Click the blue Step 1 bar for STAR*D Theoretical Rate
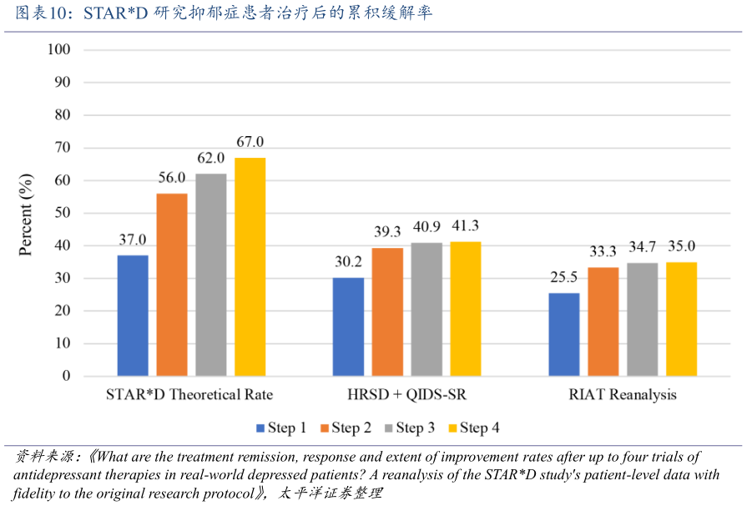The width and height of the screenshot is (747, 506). click(x=133, y=316)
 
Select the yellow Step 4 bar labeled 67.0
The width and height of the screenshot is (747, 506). click(x=250, y=267)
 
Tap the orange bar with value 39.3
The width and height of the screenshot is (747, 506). click(x=387, y=312)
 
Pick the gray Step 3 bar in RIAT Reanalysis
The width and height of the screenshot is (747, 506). click(x=642, y=320)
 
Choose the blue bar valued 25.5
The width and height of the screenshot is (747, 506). click(x=564, y=334)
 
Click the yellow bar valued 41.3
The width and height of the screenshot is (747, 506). click(x=465, y=309)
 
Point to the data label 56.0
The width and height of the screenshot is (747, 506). click(x=172, y=178)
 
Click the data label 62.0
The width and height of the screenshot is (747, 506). click(x=210, y=158)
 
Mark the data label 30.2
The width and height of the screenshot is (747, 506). click(x=348, y=261)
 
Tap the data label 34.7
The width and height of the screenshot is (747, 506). click(x=642, y=246)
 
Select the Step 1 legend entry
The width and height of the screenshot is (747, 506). click(x=281, y=428)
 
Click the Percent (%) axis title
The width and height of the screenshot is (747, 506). click(x=27, y=214)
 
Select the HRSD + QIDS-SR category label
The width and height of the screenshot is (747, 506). click(x=406, y=394)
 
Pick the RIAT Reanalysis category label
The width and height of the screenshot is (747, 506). click(x=623, y=394)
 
